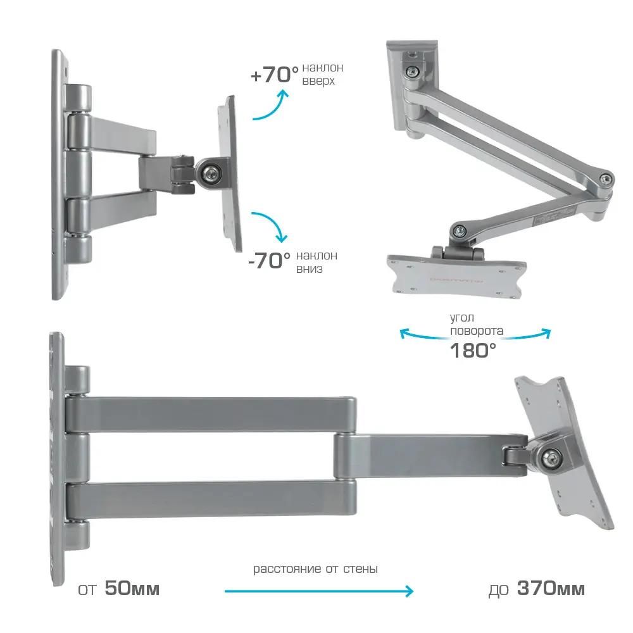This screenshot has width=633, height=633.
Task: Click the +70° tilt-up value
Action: tap(275, 75)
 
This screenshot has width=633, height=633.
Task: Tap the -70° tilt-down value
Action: tap(269, 261)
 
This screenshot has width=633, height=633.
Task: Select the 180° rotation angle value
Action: tap(473, 351)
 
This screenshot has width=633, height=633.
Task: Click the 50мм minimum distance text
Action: tap(132, 589)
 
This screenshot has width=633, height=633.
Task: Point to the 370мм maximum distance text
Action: tap(551, 589)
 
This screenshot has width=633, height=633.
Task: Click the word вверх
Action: tap(318, 81)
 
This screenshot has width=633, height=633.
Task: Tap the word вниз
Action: tap(310, 269)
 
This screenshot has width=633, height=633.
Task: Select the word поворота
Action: tap(477, 331)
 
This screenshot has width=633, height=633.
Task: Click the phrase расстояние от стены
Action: tap(315, 569)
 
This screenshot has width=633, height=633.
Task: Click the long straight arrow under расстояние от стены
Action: tap(319, 591)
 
